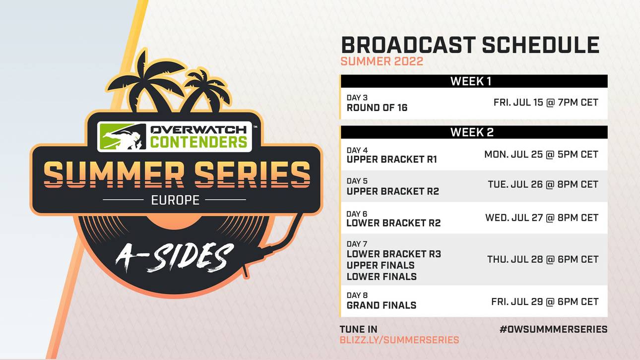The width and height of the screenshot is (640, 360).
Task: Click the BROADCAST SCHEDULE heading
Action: tap(470, 45)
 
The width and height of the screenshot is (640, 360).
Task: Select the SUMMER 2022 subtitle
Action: tap(382, 61)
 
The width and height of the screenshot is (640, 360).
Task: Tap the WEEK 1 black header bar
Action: tap(473, 81)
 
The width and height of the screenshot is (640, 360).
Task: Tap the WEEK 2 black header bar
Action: tap(473, 132)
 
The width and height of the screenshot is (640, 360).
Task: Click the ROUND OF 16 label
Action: tap(377, 108)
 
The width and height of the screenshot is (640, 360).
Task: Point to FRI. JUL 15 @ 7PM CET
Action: tap(546, 103)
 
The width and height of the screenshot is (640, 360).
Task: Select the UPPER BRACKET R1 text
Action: tap(391, 160)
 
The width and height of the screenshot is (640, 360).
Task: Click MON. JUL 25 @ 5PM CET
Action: tap(541, 154)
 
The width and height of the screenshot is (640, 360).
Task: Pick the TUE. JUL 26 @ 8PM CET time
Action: tap(543, 184)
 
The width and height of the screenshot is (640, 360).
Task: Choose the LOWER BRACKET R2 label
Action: tap(393, 223)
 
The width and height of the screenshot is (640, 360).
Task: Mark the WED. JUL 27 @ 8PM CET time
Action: tap(541, 217)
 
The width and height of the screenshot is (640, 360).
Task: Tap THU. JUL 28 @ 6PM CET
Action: tap(542, 259)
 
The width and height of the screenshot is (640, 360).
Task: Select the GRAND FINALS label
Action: tap(381, 305)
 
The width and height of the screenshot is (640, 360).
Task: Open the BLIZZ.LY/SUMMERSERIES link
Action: tap(399, 340)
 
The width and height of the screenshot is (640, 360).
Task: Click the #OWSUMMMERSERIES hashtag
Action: tap(553, 329)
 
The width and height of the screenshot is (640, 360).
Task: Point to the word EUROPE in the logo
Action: tap(175, 200)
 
